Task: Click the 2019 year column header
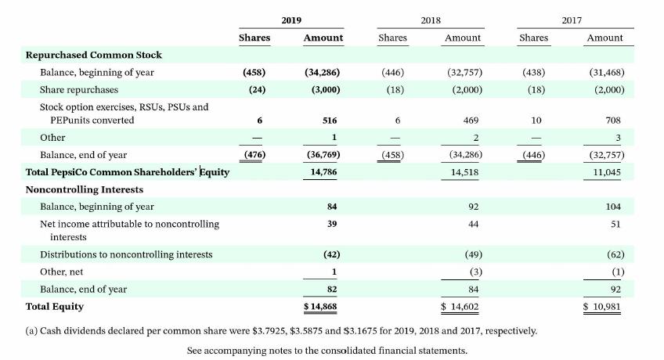291,19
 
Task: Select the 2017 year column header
572,19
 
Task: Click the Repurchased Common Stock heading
94,55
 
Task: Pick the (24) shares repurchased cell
254,89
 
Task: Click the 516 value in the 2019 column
330,121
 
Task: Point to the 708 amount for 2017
613,121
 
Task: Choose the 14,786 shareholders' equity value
324,171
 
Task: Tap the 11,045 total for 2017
608,171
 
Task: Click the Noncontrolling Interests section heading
85,189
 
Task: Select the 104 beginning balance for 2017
613,207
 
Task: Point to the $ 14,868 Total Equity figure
323,306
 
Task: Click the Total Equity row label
55,306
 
